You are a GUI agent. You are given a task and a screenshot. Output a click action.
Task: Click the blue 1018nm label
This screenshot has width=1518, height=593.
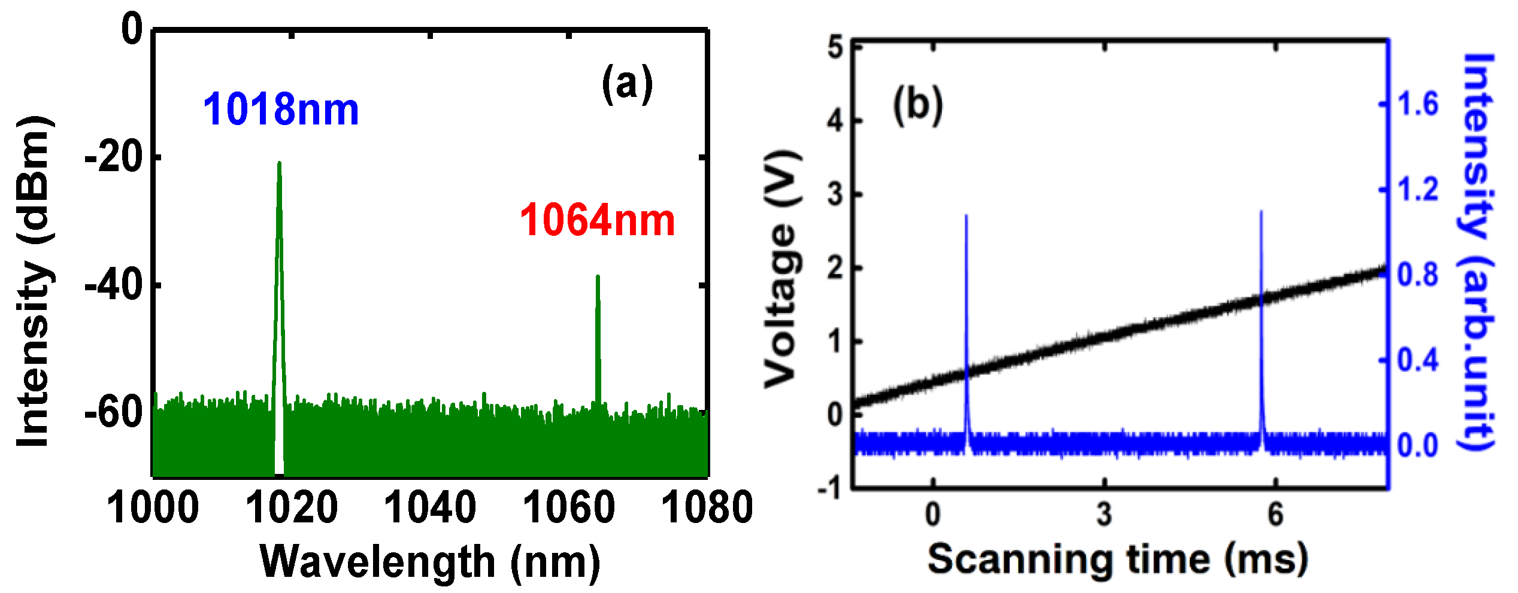tap(281, 110)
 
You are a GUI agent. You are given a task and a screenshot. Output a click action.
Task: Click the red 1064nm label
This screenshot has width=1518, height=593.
tap(597, 220)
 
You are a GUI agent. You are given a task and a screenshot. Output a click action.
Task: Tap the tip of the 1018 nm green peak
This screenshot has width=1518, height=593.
tap(279, 163)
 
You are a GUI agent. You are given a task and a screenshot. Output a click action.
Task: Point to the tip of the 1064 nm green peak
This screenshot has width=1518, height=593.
tap(598, 276)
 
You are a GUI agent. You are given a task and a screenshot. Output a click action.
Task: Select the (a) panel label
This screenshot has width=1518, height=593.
tap(627, 84)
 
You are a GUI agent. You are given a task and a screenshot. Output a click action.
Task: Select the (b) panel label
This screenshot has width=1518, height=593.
tap(917, 105)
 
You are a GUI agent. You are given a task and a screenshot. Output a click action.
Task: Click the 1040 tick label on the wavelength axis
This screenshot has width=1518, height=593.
tap(429, 507)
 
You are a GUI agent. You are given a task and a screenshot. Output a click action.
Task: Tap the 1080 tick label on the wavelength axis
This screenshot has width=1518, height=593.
tap(707, 507)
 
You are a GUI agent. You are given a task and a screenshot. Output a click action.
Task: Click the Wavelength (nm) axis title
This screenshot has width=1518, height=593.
tap(429, 562)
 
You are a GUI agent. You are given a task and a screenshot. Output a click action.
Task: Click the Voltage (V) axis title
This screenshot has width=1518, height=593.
tap(782, 269)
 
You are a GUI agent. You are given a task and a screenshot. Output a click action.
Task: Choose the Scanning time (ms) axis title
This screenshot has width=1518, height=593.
tap(1117, 559)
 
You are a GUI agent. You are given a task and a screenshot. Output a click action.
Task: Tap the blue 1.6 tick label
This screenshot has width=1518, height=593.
tap(1417, 105)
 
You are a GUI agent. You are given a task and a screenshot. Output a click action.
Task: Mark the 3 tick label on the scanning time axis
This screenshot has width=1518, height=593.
tap(1104, 514)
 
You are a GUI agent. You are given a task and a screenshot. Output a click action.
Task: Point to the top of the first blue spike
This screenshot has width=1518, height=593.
tap(966, 215)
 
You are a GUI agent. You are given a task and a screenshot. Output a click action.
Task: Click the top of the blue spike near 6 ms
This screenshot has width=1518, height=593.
tap(1262, 211)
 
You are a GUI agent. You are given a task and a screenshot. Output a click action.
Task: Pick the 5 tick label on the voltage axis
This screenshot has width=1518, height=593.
tap(835, 47)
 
